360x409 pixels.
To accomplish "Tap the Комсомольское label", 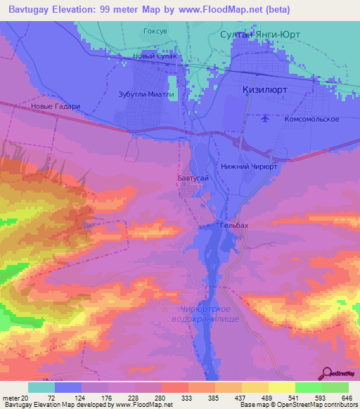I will (311, 119).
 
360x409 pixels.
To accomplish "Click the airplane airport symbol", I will (264, 117).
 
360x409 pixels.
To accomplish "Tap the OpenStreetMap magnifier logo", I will (326, 373).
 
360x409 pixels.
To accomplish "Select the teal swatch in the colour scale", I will (41, 387).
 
